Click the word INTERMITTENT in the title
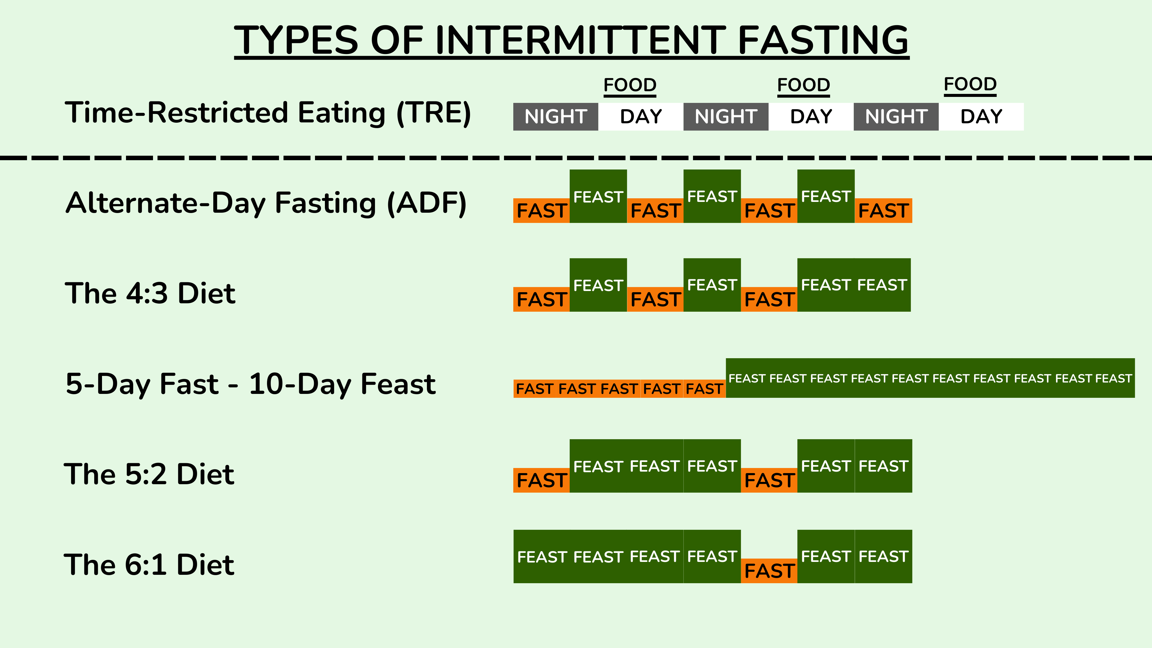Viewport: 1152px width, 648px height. (580, 40)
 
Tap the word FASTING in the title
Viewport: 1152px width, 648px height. (823, 40)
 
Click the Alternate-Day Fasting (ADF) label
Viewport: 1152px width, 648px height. (266, 203)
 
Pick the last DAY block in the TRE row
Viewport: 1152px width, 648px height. (981, 117)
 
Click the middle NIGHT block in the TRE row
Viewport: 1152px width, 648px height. (726, 117)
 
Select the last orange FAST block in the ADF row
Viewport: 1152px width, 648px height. (883, 211)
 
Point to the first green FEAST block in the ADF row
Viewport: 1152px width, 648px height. (598, 196)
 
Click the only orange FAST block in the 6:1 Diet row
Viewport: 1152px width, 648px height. (769, 571)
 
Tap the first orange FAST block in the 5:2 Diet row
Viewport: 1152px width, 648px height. (541, 480)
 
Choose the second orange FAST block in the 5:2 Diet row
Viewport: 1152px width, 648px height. (769, 480)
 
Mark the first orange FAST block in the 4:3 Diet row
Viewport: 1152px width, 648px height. (541, 299)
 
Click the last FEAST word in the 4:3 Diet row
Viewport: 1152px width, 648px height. (882, 285)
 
